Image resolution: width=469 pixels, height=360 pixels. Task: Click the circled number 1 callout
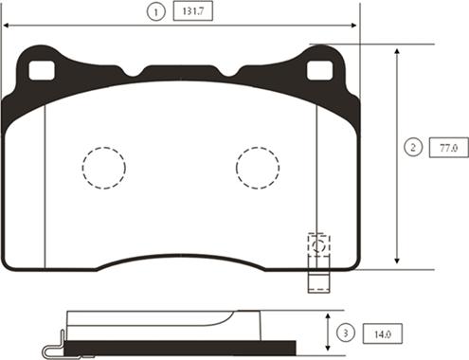pyautogui.click(x=152, y=12)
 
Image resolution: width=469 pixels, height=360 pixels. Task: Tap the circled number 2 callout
pyautogui.click(x=412, y=148)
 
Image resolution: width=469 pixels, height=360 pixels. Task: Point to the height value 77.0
pyautogui.click(x=447, y=148)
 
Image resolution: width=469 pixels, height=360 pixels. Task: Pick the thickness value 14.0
pyautogui.click(x=383, y=333)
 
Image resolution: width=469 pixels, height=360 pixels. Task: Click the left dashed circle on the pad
pyautogui.click(x=103, y=168)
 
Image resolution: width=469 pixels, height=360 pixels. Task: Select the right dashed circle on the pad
pyautogui.click(x=257, y=168)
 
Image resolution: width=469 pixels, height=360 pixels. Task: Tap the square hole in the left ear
pyautogui.click(x=41, y=70)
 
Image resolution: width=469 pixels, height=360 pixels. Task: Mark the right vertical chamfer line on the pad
pyautogui.click(x=316, y=161)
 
